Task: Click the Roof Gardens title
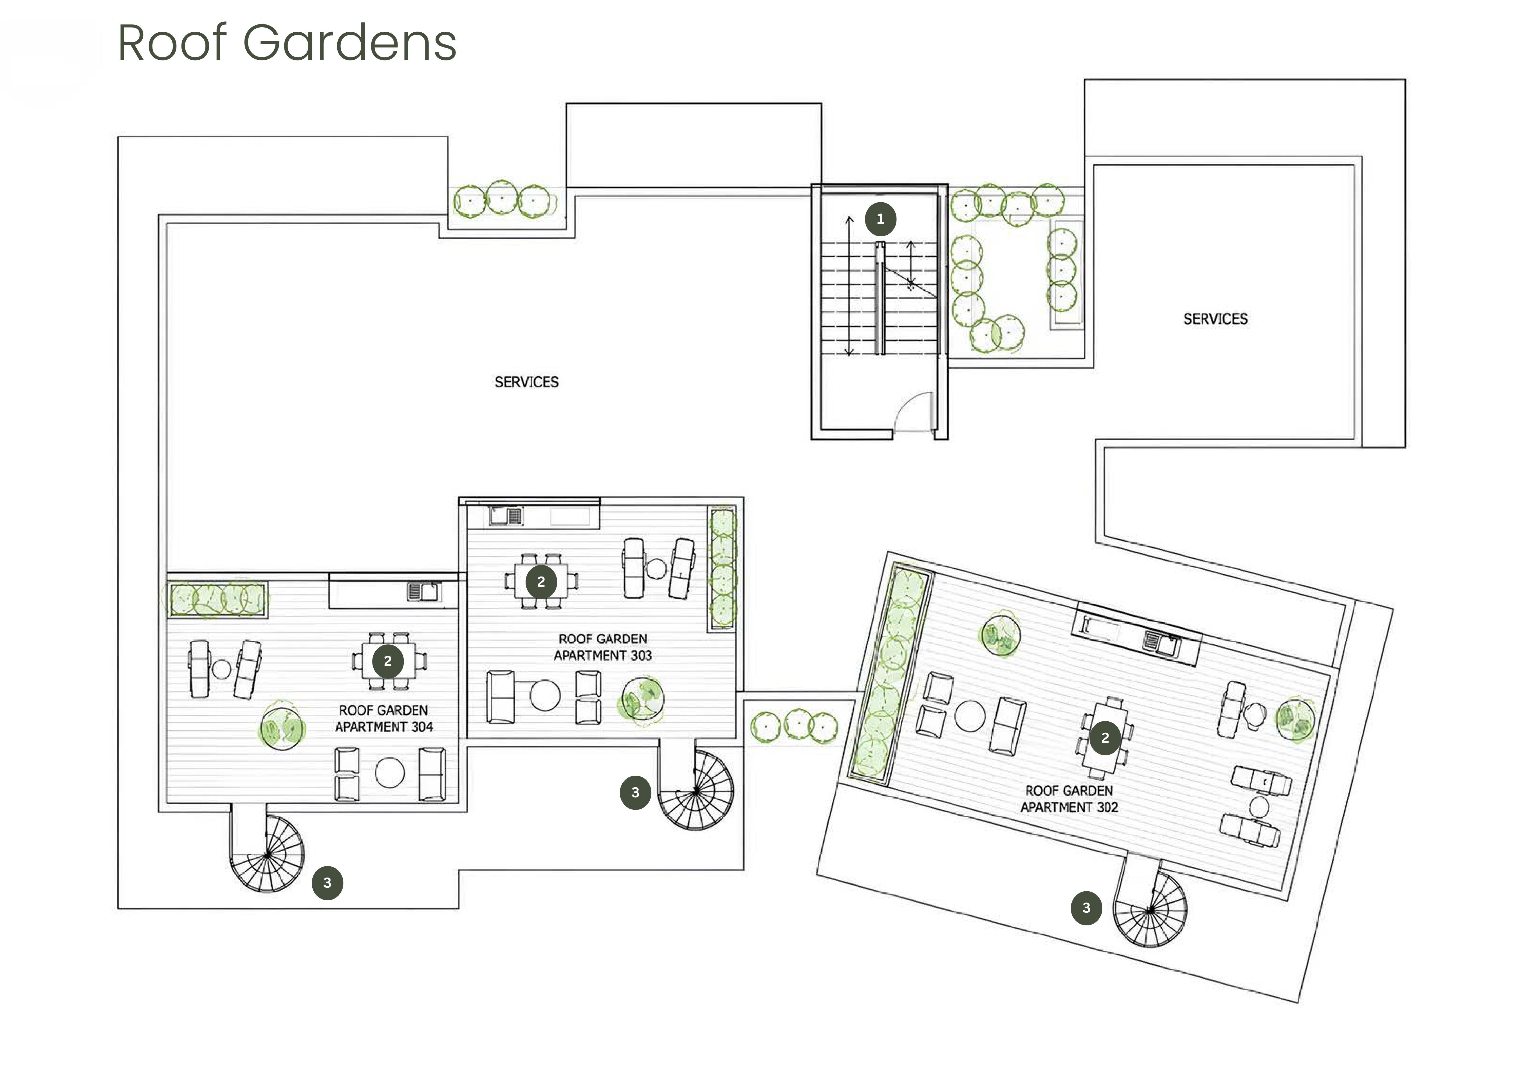(287, 42)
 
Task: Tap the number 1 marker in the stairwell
(880, 219)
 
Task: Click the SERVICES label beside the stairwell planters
(1215, 319)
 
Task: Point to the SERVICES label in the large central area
(527, 382)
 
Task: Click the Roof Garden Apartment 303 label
(603, 647)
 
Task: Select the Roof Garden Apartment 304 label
(383, 718)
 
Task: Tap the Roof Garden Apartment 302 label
(1069, 799)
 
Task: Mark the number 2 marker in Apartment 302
(1105, 738)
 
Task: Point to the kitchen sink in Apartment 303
(506, 516)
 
